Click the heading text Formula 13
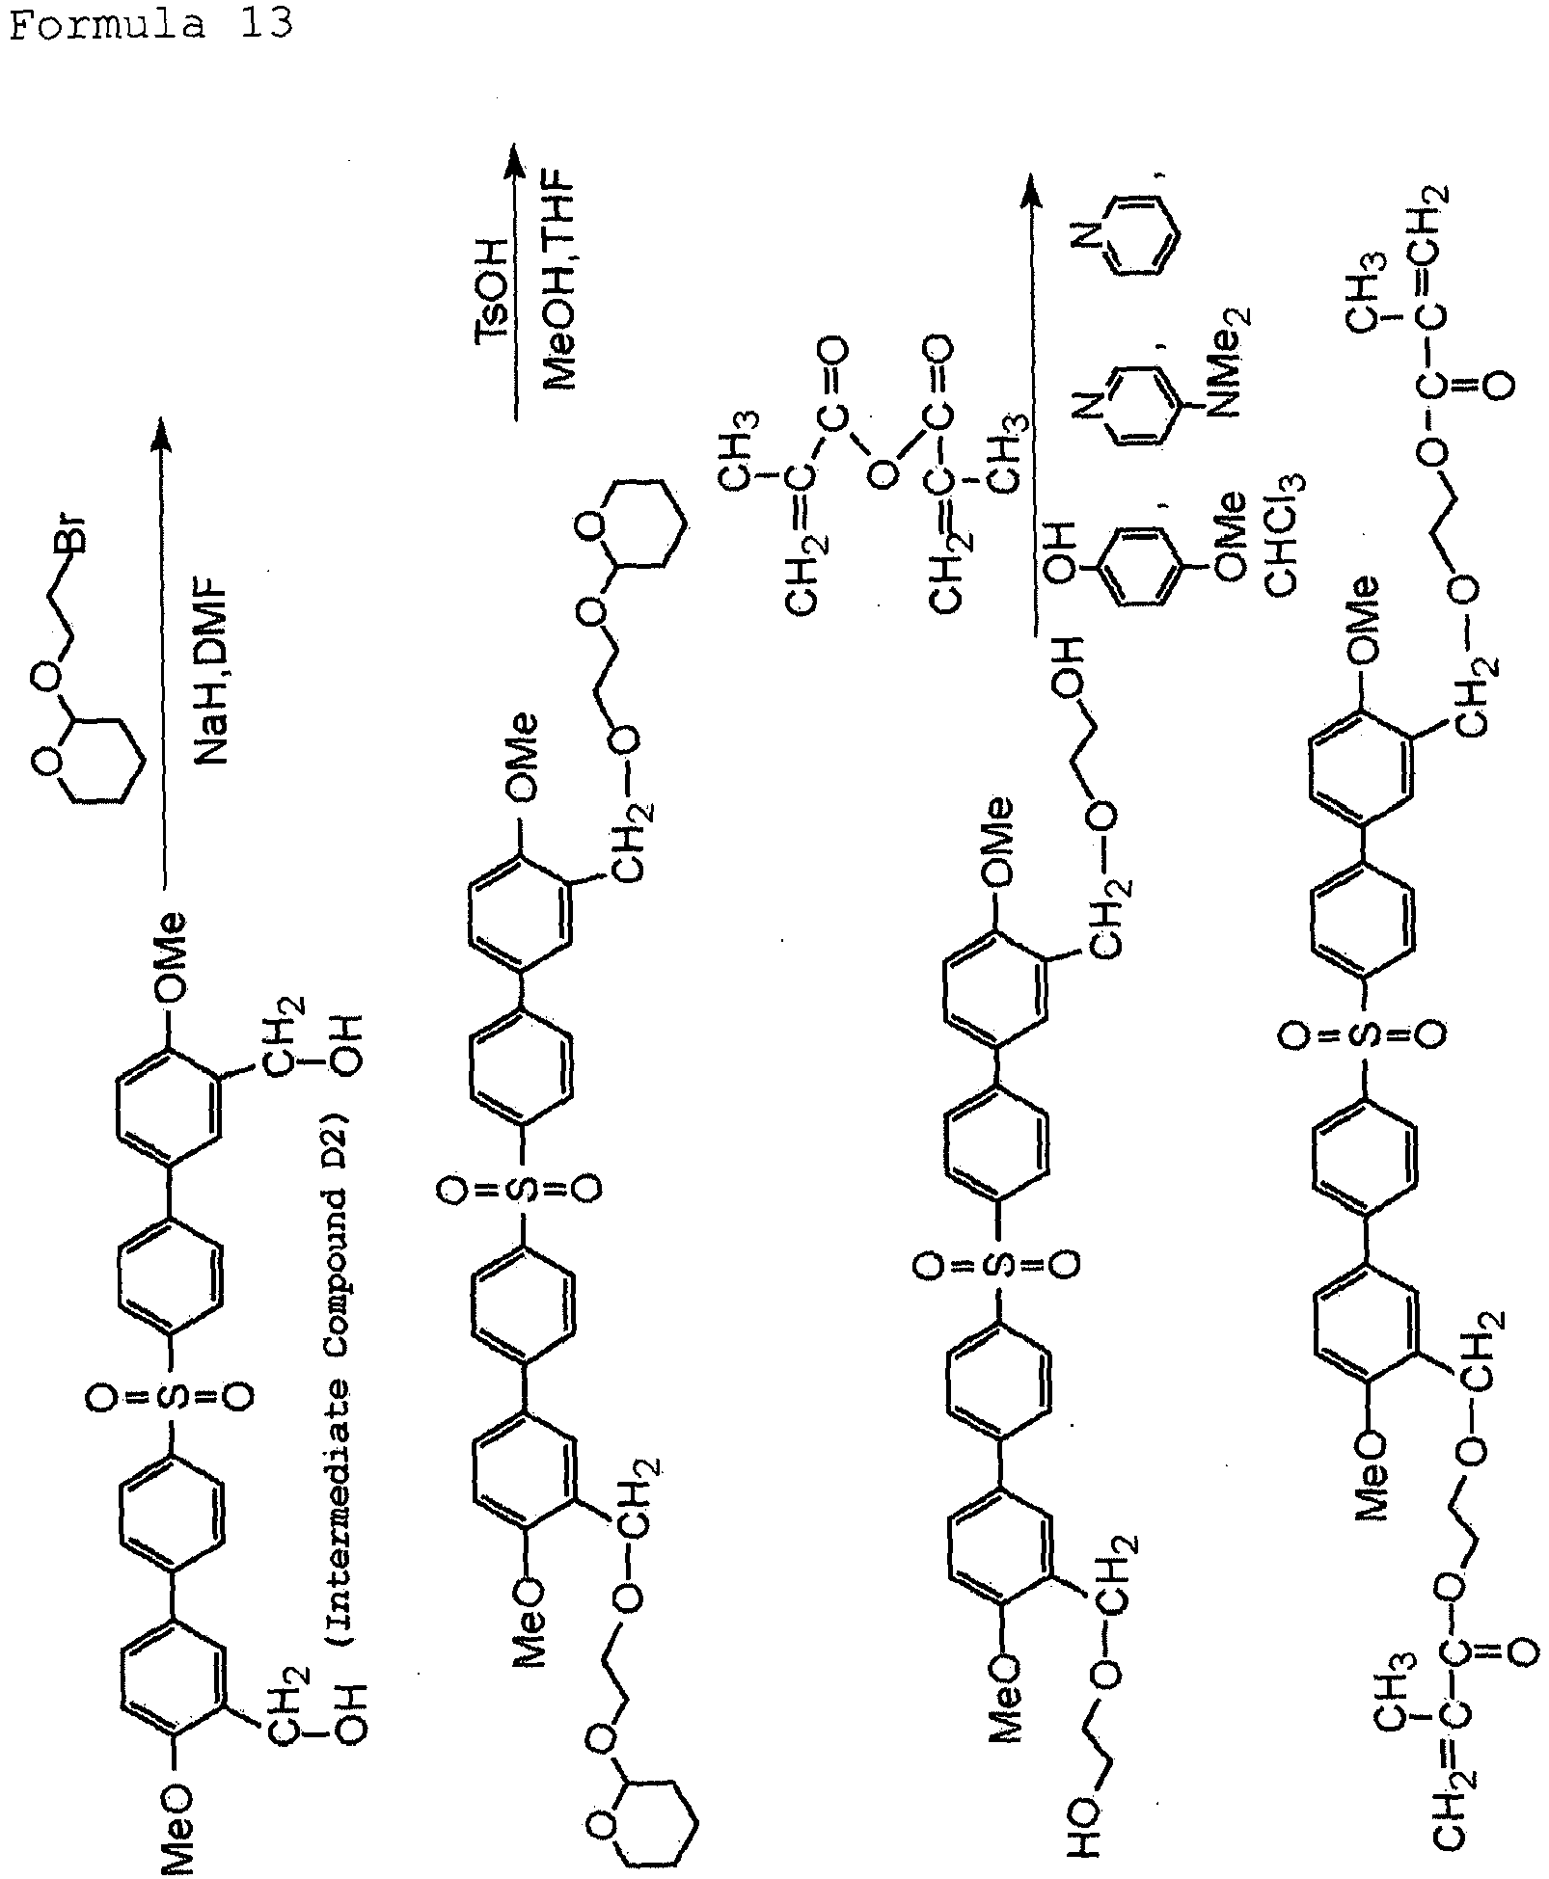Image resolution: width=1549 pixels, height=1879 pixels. click(x=149, y=23)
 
